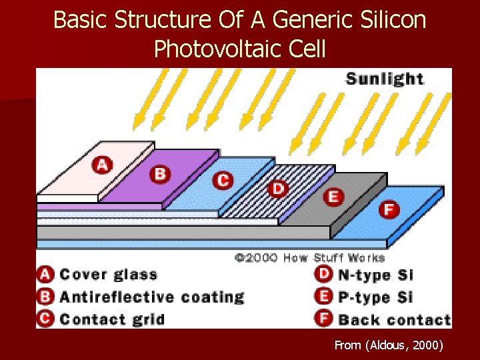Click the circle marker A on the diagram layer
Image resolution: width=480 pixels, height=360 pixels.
(102, 163)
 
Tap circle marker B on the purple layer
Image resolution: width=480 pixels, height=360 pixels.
(159, 174)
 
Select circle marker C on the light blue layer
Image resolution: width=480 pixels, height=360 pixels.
(223, 180)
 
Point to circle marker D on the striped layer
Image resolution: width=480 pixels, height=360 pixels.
(278, 189)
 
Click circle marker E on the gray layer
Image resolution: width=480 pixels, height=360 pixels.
(333, 197)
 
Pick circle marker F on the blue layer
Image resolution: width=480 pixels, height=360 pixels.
(388, 209)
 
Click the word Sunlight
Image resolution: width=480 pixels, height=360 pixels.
(385, 79)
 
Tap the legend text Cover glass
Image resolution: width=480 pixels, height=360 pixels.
(109, 275)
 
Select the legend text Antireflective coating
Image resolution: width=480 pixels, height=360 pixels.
(152, 297)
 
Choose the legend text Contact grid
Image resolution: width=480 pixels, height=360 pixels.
(112, 319)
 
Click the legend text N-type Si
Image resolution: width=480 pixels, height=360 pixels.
(375, 275)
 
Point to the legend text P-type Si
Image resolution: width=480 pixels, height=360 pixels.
(375, 297)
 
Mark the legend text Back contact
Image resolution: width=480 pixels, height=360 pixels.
(394, 319)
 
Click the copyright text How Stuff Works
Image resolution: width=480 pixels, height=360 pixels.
(334, 257)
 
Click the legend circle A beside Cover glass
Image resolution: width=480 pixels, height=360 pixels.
(45, 275)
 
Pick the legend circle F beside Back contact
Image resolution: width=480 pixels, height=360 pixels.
(324, 319)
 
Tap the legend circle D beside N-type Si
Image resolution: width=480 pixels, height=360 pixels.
(324, 275)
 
